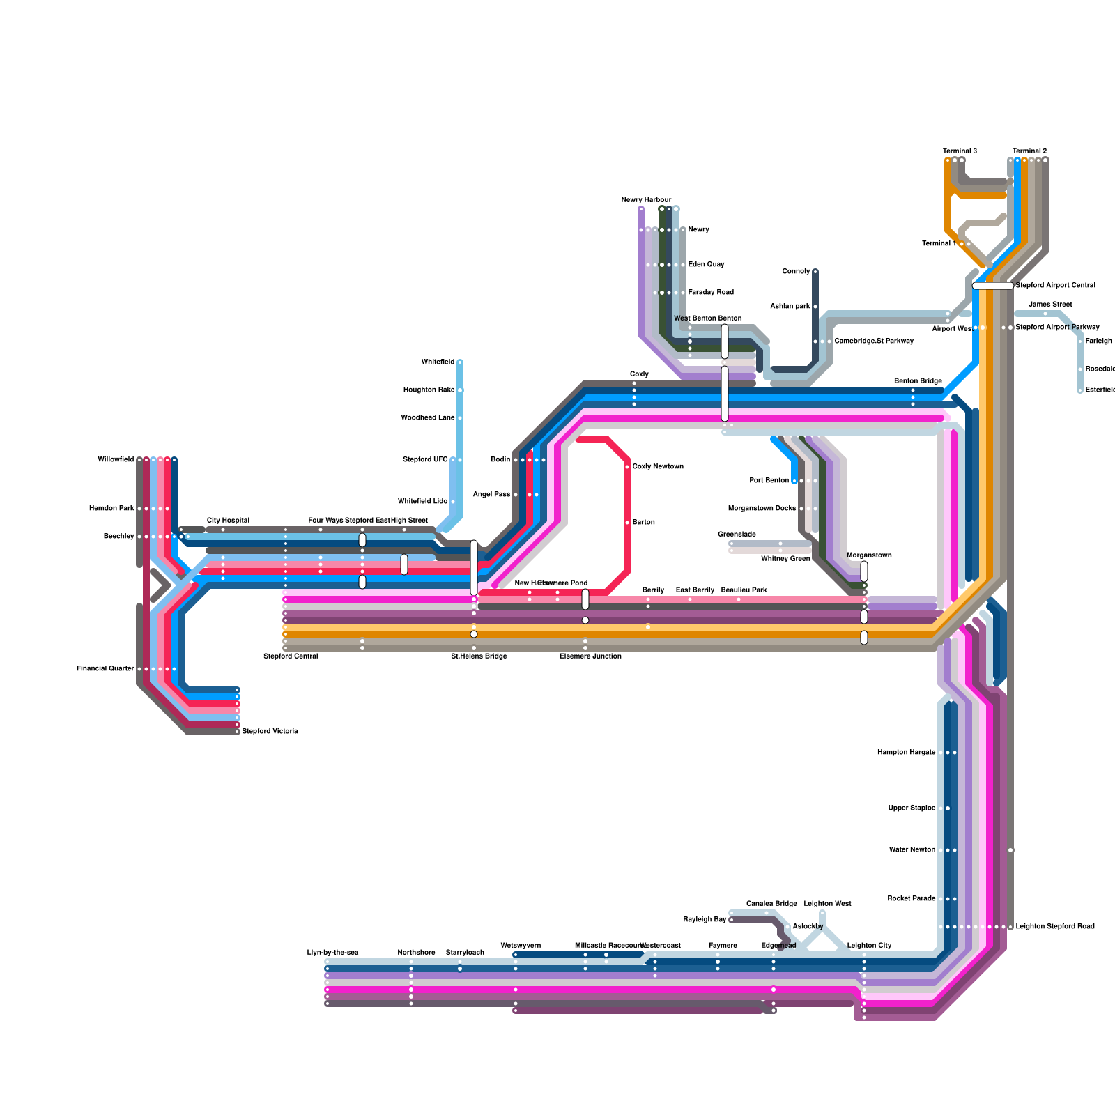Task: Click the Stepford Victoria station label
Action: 270,731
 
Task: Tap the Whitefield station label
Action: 438,362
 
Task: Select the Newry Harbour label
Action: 646,200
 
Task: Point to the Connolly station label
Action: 796,271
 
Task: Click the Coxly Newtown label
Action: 658,466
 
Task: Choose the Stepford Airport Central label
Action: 1055,285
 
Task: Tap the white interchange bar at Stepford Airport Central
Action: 992,286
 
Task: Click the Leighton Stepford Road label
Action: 1055,926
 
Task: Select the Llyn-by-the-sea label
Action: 332,952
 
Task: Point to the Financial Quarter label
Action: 105,668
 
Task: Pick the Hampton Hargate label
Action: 906,752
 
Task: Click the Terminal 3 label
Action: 960,151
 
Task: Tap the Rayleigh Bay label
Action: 705,919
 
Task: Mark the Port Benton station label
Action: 769,480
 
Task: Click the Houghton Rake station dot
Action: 460,390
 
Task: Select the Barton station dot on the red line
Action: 627,523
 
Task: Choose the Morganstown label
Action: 869,555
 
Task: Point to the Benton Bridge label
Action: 918,381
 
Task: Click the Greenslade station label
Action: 737,535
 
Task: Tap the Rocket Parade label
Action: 912,898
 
